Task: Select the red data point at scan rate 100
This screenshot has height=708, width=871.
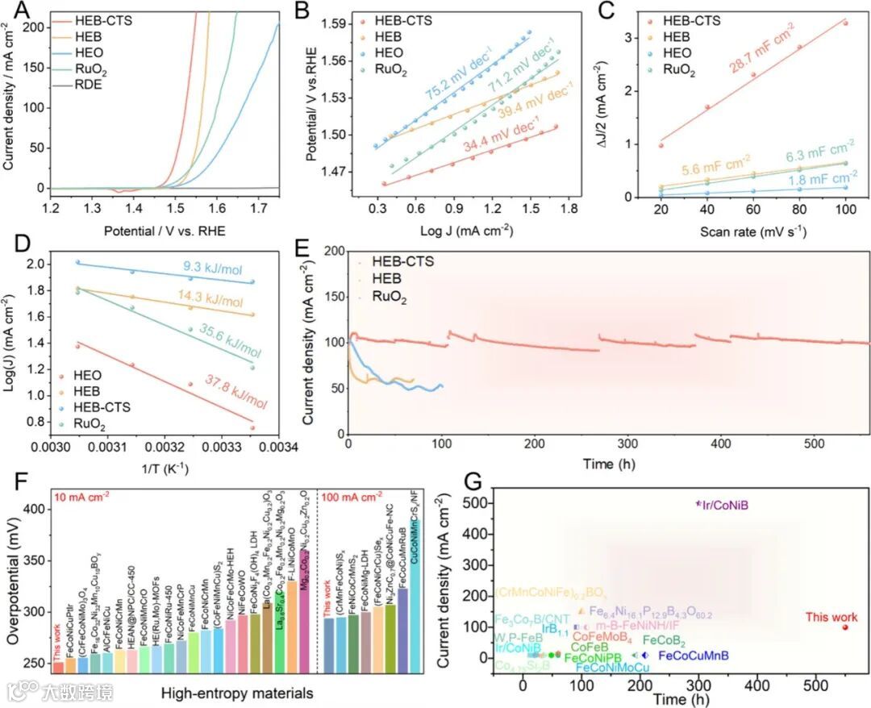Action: coord(845,23)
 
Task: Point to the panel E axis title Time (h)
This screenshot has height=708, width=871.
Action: coord(607,466)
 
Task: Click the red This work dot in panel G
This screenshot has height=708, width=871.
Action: coord(845,627)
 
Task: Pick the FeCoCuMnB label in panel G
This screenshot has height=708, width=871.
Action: coord(694,656)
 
